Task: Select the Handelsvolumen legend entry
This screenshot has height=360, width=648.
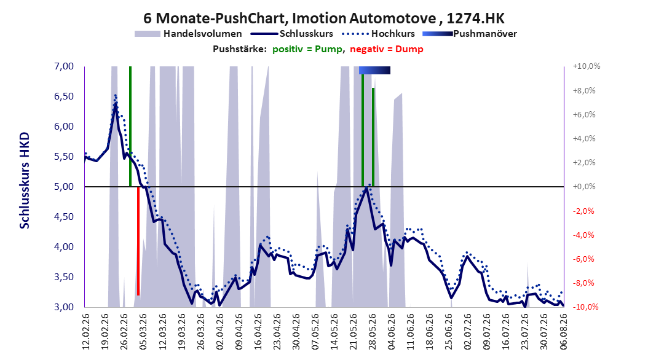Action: pyautogui.click(x=189, y=34)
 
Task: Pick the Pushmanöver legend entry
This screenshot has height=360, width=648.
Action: pyautogui.click(x=470, y=34)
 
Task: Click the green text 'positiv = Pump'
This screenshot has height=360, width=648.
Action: pyautogui.click(x=307, y=49)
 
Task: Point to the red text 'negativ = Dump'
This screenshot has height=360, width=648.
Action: pyautogui.click(x=387, y=49)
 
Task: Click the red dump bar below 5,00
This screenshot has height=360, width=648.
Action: pyautogui.click(x=138, y=241)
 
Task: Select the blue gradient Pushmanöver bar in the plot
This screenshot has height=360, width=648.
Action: pyautogui.click(x=374, y=70)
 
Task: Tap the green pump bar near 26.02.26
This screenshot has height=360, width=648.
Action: pyautogui.click(x=130, y=127)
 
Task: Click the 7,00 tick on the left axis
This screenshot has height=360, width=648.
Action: pyautogui.click(x=64, y=66)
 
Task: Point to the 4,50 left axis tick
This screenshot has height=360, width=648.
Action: pyautogui.click(x=64, y=217)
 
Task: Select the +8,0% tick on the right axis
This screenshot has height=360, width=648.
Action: pyautogui.click(x=584, y=90)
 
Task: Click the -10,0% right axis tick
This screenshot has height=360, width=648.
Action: pyautogui.click(x=586, y=307)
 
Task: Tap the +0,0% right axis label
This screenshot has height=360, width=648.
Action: pyautogui.click(x=584, y=187)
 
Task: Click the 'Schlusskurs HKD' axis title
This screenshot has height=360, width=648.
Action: pyautogui.click(x=25, y=181)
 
